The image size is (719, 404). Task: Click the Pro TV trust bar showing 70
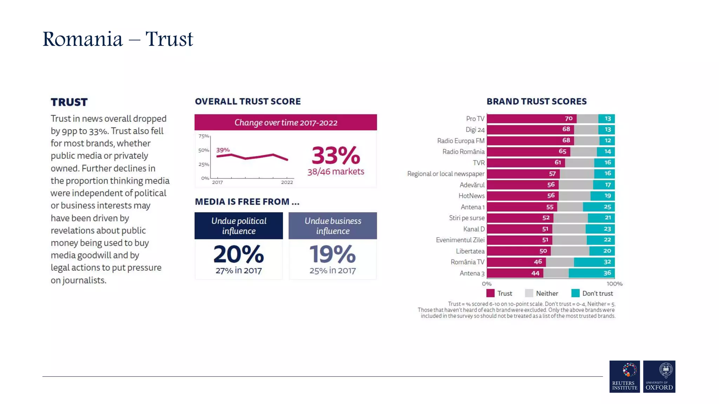(531, 119)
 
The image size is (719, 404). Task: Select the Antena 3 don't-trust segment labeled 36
(592, 273)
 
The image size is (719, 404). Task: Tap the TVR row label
(479, 163)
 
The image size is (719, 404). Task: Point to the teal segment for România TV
(594, 262)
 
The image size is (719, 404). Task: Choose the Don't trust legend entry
(592, 293)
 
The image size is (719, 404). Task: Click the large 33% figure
(336, 155)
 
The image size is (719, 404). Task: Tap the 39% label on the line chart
(223, 150)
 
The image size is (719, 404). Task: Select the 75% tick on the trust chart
(204, 136)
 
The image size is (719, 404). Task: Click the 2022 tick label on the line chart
(287, 182)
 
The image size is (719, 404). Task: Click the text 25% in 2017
(332, 270)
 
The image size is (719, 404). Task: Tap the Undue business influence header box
(332, 226)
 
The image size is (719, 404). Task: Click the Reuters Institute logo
(625, 376)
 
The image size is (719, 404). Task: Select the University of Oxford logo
(659, 376)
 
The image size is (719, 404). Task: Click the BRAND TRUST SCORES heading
(536, 101)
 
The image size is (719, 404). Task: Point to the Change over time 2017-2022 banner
(285, 122)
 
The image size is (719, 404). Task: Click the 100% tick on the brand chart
(614, 284)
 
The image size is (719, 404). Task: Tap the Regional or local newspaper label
(446, 174)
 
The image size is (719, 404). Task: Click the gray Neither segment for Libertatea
(570, 251)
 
